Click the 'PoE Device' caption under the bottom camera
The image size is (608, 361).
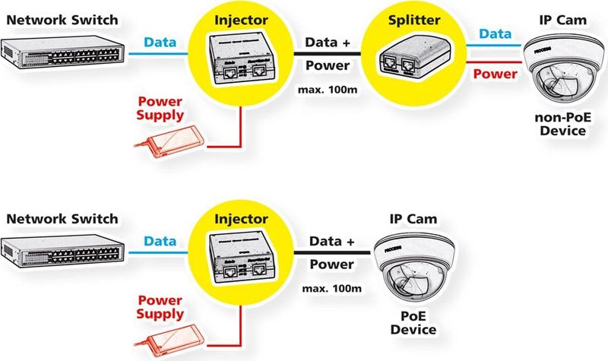[x=414, y=322]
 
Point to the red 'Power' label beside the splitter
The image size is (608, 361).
[x=496, y=74]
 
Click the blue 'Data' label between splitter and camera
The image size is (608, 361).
[x=496, y=35]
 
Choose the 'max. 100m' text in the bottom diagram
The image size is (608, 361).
[x=331, y=290]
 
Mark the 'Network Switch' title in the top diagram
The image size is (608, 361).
[x=62, y=19]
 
